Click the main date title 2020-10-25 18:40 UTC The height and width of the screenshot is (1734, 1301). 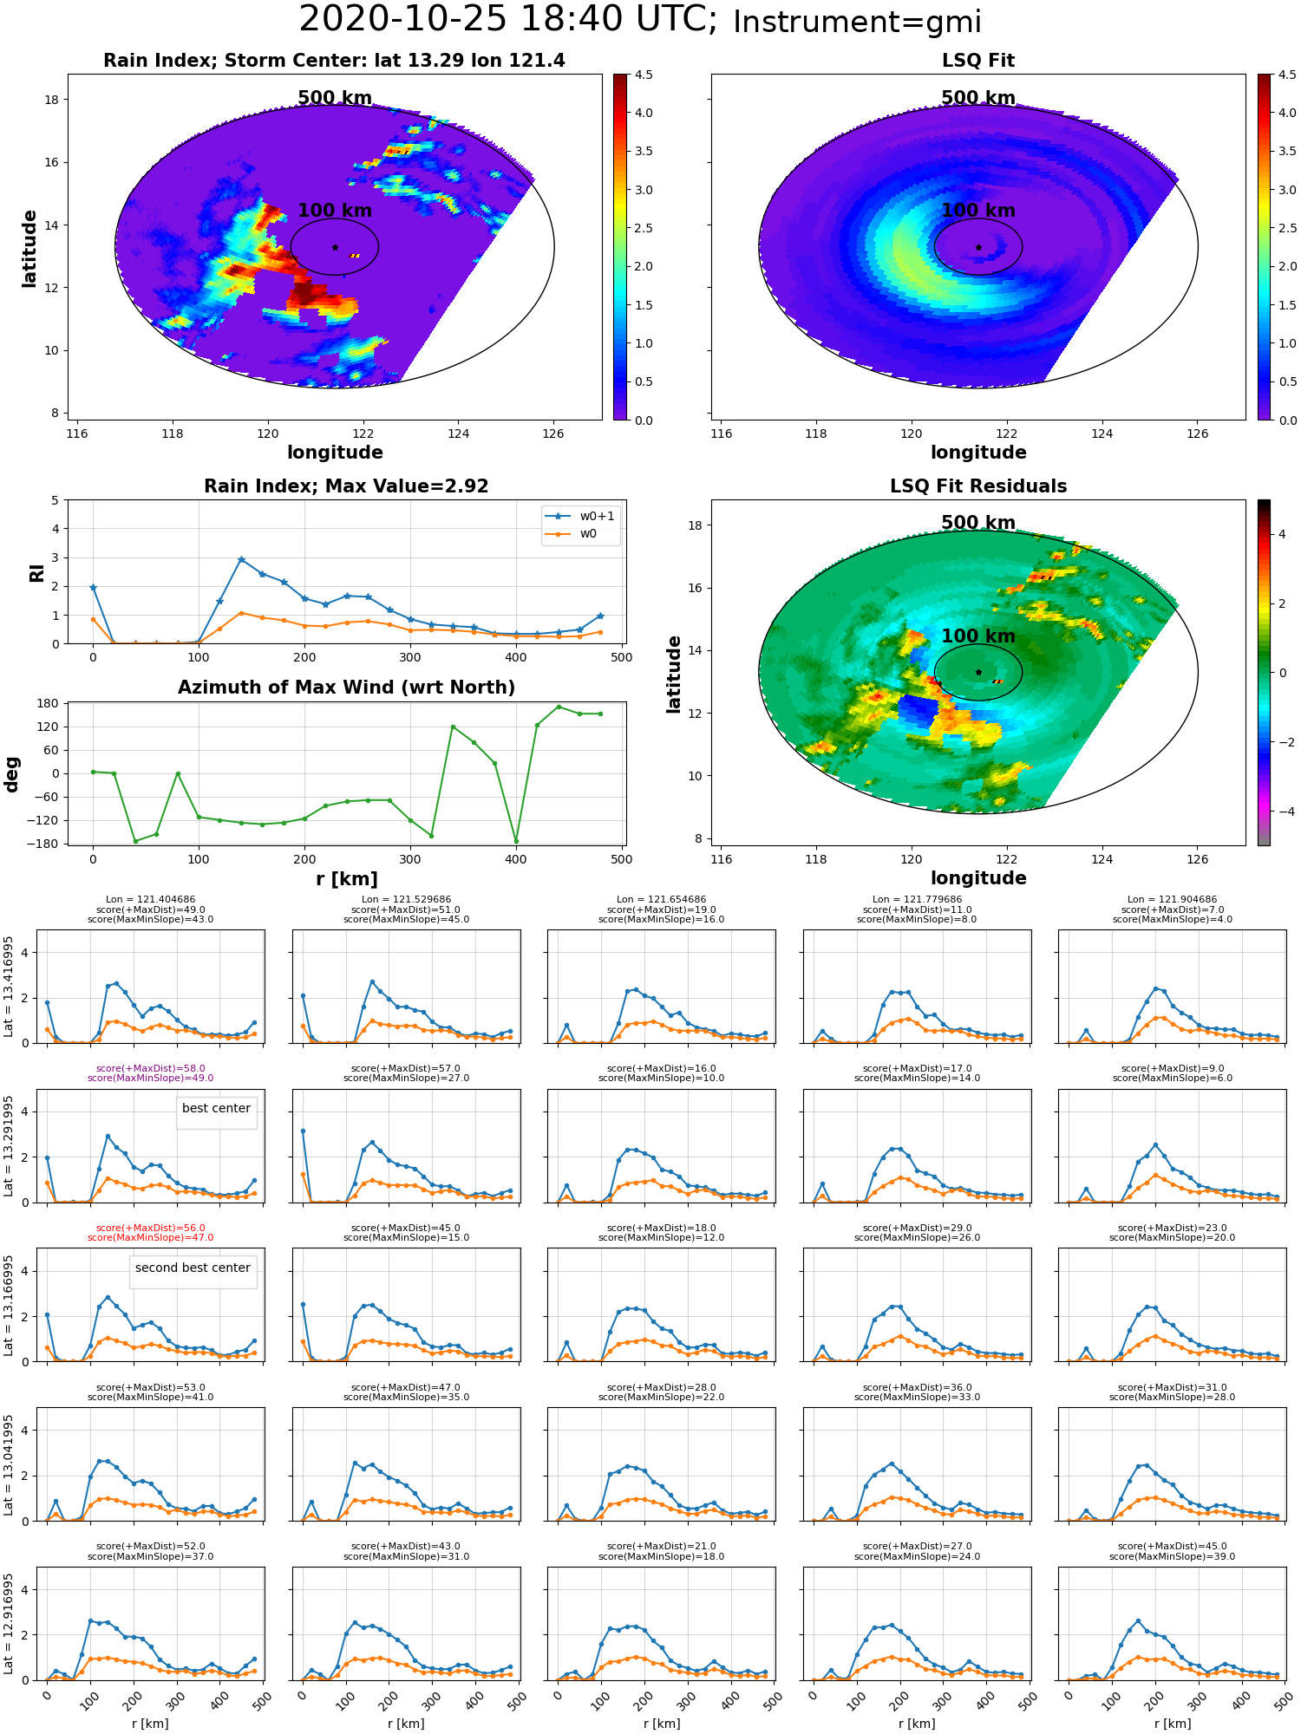click(x=508, y=19)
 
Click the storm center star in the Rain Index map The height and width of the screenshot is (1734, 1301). click(x=335, y=247)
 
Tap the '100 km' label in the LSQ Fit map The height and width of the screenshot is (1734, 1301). click(x=977, y=211)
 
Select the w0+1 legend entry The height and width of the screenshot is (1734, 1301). click(x=580, y=516)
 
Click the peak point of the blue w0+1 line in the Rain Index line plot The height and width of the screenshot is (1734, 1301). click(x=241, y=560)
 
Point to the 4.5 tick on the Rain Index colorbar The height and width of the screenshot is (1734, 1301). click(x=643, y=75)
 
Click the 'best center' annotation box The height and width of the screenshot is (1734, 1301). click(x=216, y=1109)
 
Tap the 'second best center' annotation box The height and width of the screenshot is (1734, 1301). click(x=193, y=1268)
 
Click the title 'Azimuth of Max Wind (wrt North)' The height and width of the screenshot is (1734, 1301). click(x=346, y=688)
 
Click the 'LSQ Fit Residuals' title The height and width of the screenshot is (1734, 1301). click(x=978, y=486)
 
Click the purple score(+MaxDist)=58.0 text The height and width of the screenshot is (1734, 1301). click(x=150, y=1069)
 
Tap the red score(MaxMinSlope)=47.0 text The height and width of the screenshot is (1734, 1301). click(x=150, y=1238)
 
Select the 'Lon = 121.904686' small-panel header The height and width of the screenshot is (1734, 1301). click(x=1173, y=900)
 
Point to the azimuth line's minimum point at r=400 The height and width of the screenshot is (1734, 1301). click(x=516, y=841)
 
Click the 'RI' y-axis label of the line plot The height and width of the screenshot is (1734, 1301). click(x=36, y=573)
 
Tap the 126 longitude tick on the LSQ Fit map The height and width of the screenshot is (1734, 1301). click(x=1197, y=433)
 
